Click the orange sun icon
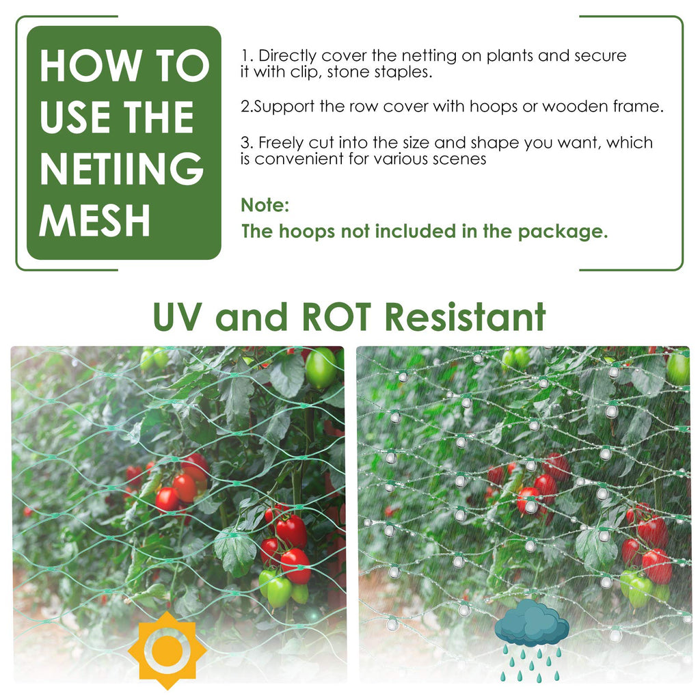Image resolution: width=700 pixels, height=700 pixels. (x=167, y=650)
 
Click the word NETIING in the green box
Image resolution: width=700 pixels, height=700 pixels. (x=122, y=168)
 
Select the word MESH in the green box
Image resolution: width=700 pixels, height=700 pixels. (x=94, y=220)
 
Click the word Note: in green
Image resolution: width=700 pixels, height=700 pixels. (x=265, y=205)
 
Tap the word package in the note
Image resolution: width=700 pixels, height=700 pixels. (x=563, y=232)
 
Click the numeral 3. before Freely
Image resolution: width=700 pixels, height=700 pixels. (x=247, y=143)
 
